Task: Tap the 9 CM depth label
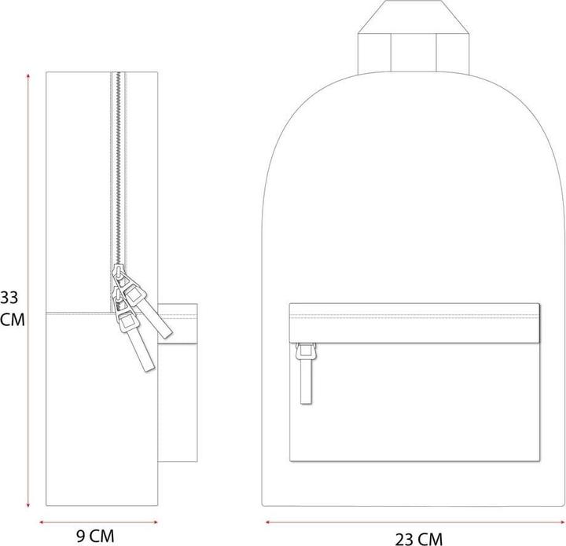point(95,537)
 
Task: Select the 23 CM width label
point(418,538)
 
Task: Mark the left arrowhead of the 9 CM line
point(42,520)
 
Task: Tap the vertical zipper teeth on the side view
point(119,173)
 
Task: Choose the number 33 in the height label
point(9,297)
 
